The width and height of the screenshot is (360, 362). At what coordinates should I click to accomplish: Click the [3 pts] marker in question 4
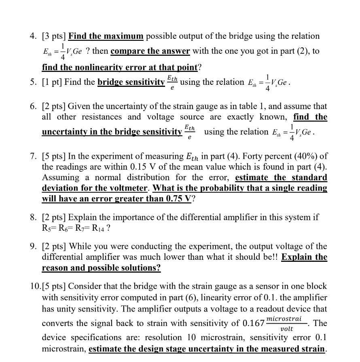(54, 36)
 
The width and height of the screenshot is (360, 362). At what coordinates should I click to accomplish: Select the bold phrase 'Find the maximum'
(106, 36)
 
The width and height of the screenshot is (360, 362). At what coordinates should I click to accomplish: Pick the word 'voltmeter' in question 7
(129, 188)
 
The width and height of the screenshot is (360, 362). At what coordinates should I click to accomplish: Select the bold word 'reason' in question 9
(55, 267)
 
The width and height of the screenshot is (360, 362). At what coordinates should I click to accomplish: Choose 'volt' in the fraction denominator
(286, 329)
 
